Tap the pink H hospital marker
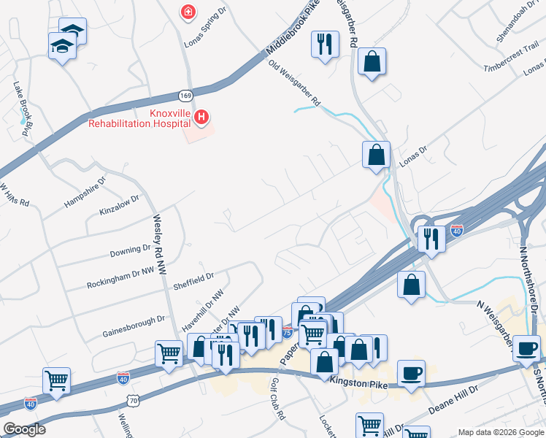201,117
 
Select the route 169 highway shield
185,95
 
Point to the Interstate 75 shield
288,332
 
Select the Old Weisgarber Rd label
295,85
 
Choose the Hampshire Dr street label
86,188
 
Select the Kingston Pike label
357,381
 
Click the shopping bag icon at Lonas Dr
376,154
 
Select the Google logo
24,429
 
